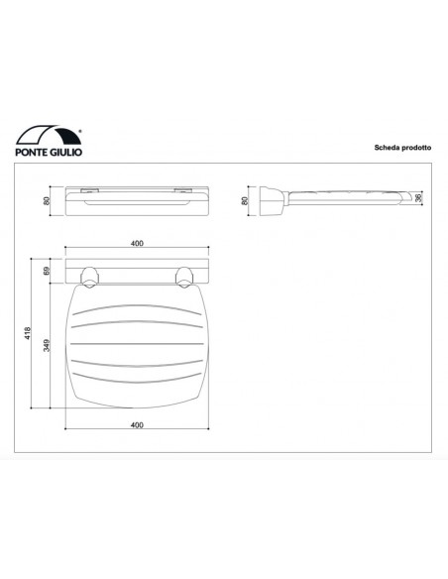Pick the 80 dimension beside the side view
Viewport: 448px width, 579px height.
(x=245, y=201)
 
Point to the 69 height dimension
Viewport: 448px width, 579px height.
(x=48, y=268)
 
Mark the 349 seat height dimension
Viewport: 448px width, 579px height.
(x=48, y=344)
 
